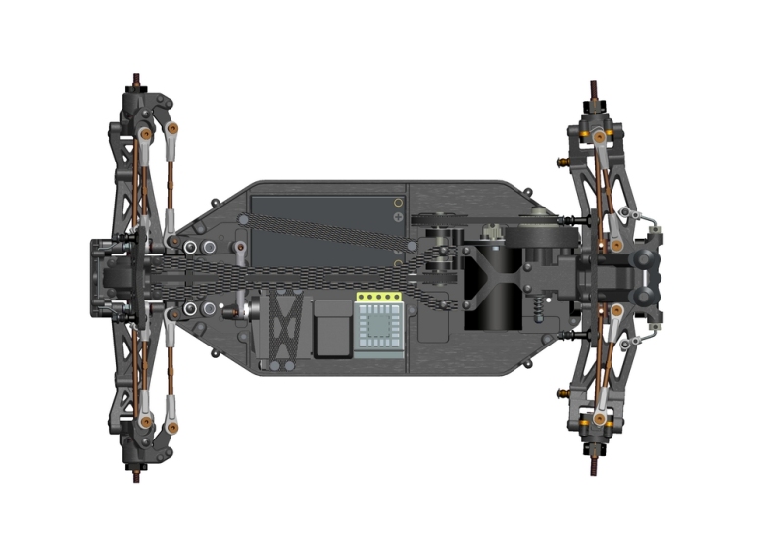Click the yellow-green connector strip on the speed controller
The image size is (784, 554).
[378, 297]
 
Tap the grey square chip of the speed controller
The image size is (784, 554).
[378, 322]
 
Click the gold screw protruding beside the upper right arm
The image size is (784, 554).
[562, 159]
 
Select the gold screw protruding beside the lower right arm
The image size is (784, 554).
[562, 393]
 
